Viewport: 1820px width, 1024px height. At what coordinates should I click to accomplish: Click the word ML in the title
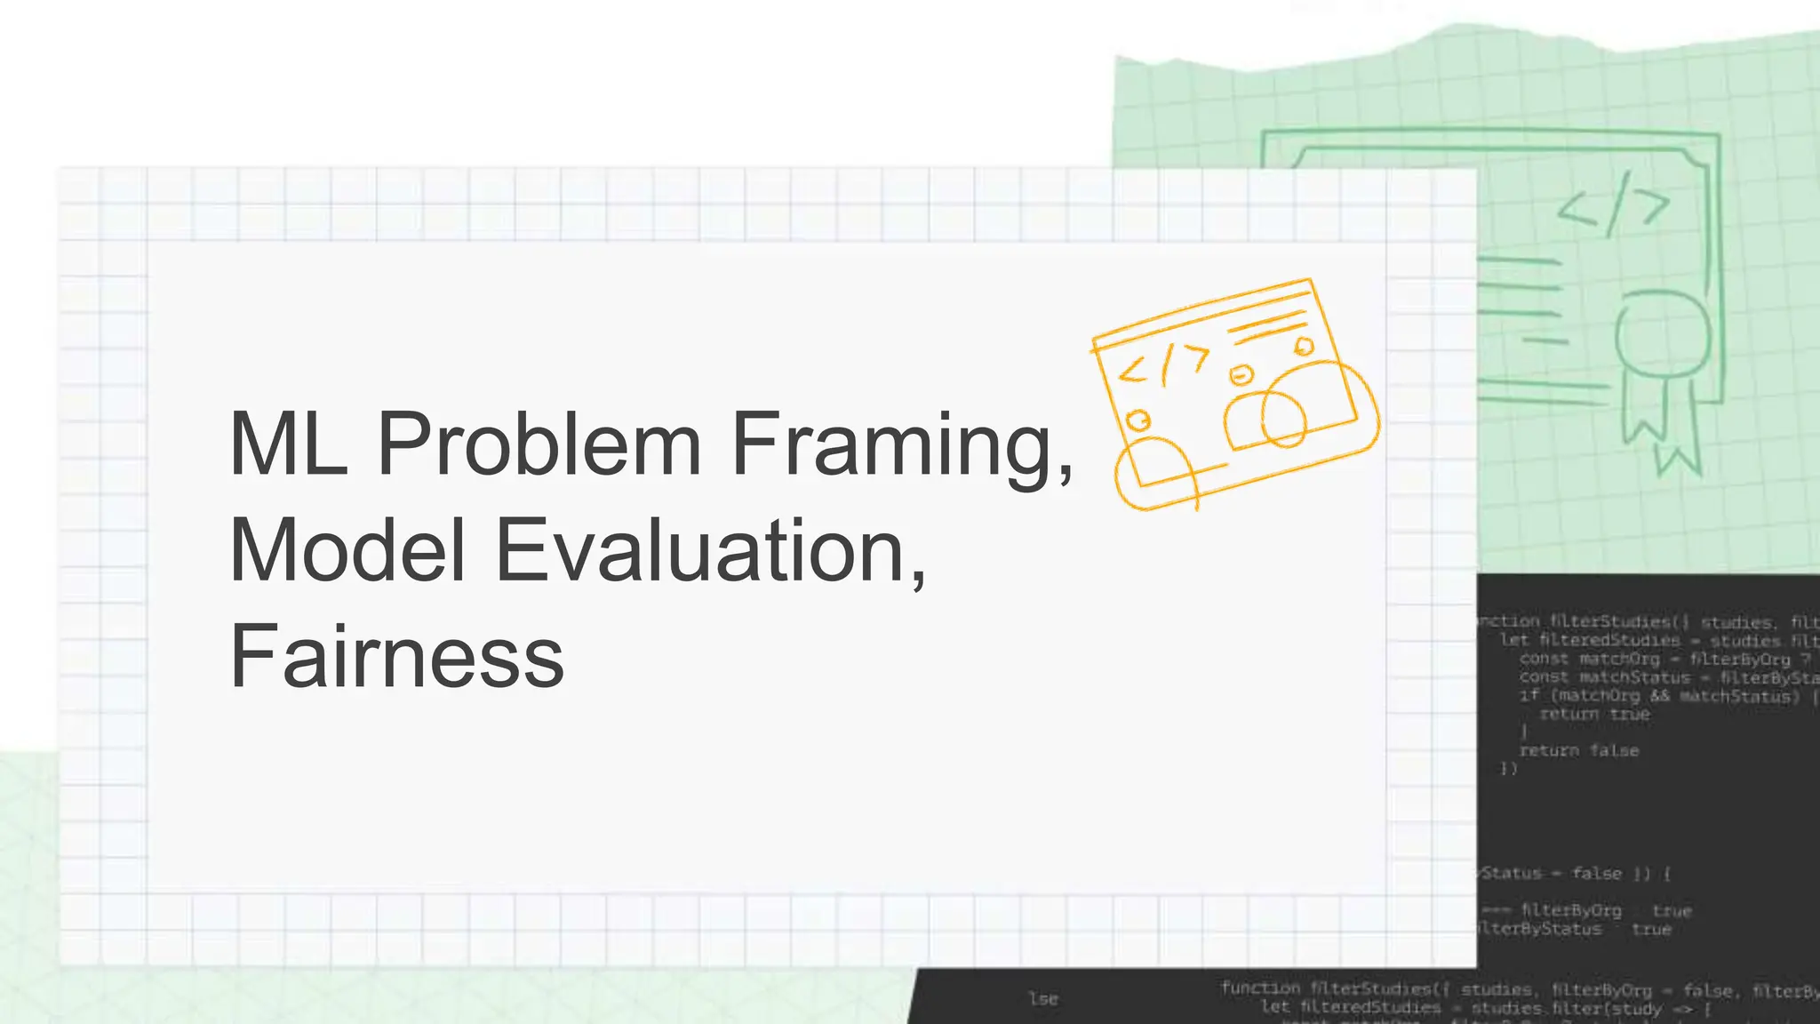coord(287,444)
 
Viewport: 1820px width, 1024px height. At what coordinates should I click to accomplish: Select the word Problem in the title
coord(539,444)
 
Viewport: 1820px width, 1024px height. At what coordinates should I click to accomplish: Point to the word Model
coord(347,550)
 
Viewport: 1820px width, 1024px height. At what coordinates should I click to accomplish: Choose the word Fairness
coord(396,657)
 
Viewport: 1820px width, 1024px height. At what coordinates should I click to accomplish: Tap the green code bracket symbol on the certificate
coord(1613,205)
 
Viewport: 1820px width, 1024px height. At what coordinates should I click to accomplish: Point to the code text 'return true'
coord(1594,714)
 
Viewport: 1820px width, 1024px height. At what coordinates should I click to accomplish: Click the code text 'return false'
coord(1578,750)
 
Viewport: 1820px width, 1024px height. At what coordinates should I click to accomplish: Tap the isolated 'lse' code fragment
coord(1043,998)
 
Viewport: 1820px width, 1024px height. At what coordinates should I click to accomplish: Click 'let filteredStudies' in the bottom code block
coord(1351,1008)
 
